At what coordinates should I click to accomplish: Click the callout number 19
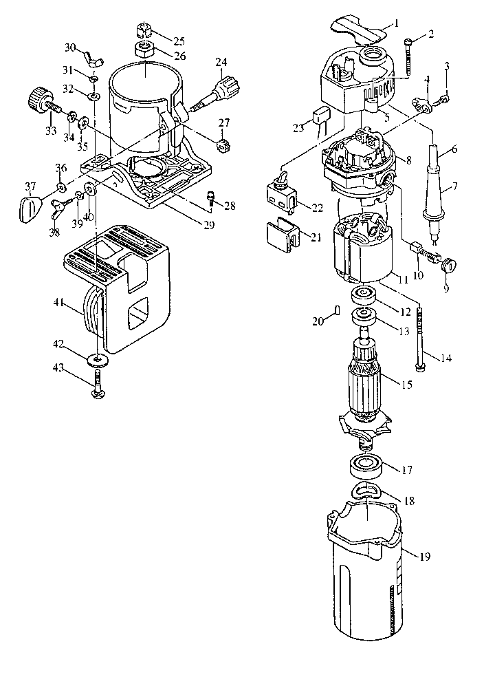point(424,557)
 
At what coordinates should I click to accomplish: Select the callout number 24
point(221,63)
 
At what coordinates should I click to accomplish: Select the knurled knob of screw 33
point(37,98)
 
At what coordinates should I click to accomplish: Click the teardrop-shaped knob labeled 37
point(30,208)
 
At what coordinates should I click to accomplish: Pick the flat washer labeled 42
point(98,358)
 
